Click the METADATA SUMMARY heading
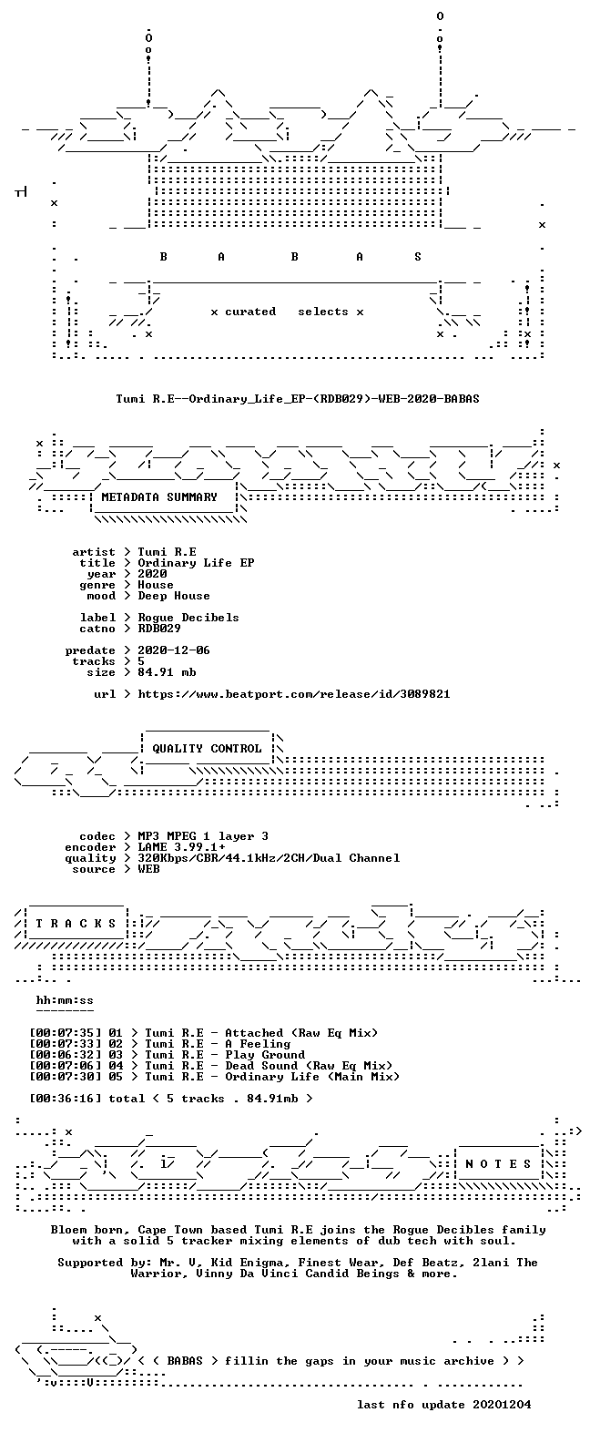coord(159,497)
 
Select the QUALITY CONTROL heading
coord(207,749)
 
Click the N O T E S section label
coord(499,1163)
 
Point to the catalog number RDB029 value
coord(159,628)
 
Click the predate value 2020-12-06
coord(174,650)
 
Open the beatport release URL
coord(294,694)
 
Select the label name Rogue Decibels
coord(188,617)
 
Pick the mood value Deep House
coord(174,596)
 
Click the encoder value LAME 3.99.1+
coord(181,847)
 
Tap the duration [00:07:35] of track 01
coord(66,1033)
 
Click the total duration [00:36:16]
coord(66,1099)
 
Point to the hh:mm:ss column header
coord(65,1000)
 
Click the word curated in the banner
coord(250,312)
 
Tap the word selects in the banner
coord(322,312)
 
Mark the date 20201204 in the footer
coord(502,1405)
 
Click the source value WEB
coord(148,869)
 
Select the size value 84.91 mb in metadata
coord(167,672)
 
